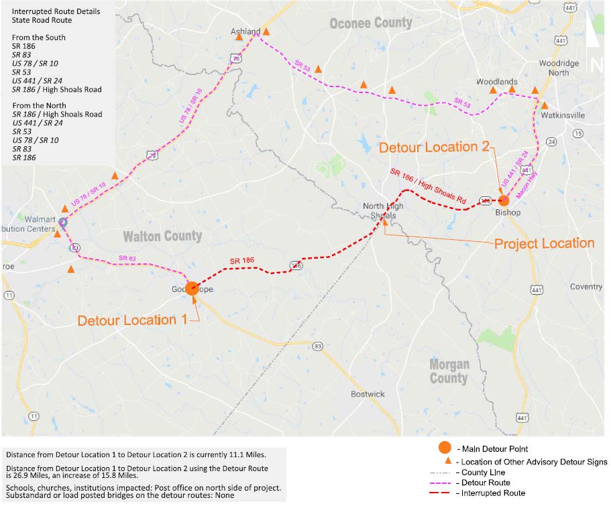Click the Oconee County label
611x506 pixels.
[x=370, y=23]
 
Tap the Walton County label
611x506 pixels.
[x=163, y=236]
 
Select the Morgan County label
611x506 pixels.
[x=449, y=371]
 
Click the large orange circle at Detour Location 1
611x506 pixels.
[x=192, y=288]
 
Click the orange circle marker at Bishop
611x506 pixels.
[x=504, y=200]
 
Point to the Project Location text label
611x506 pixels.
[x=544, y=243]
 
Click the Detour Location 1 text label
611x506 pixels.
[x=132, y=320]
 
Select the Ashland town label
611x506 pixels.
[x=245, y=31]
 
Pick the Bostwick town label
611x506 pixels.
[x=368, y=394]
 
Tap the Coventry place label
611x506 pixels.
[x=586, y=287]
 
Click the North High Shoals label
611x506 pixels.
[x=383, y=210]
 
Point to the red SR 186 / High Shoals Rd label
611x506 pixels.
[x=427, y=185]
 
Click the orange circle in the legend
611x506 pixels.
[x=443, y=448]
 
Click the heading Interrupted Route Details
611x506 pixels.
[x=56, y=11]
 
